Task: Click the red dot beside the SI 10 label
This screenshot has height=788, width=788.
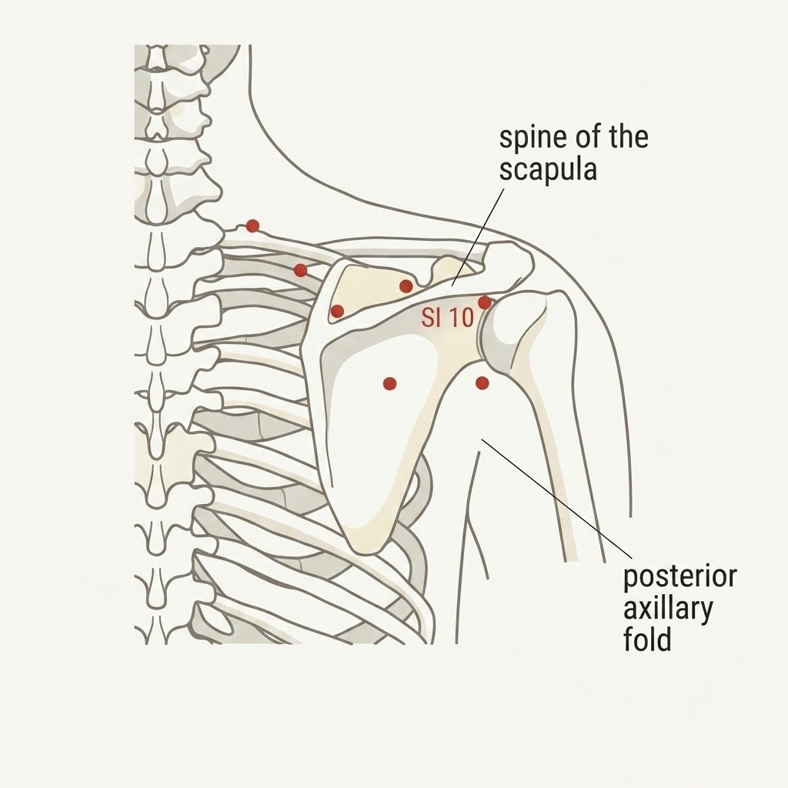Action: (x=485, y=302)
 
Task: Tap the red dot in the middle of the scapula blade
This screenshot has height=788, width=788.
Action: (x=389, y=384)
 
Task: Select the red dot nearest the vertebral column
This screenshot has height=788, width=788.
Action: (x=252, y=226)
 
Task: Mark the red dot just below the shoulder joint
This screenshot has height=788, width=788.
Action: (x=482, y=383)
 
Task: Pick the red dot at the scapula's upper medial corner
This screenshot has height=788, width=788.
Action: (x=337, y=311)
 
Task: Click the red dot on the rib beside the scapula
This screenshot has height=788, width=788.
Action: (x=300, y=270)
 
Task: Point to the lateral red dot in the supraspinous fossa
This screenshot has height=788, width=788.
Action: (x=406, y=286)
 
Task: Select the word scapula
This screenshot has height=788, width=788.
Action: (x=548, y=170)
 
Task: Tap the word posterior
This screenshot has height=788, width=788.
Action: (x=680, y=577)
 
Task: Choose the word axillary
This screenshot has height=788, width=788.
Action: (x=668, y=609)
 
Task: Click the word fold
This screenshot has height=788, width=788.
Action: (x=647, y=639)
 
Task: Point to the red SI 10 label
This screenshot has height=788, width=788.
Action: (x=448, y=318)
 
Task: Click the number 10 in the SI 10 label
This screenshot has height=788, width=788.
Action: (x=462, y=318)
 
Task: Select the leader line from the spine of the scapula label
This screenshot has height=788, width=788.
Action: (x=478, y=237)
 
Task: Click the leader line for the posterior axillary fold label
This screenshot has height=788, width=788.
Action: (x=557, y=499)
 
